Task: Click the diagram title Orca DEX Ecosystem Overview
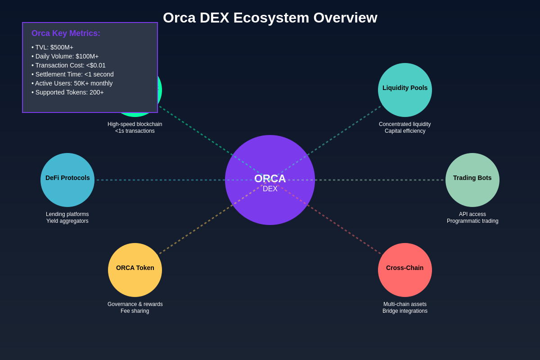270,18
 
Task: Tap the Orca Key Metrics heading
66,33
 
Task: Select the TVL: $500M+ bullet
52,47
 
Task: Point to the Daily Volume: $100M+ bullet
65,56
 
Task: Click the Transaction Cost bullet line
68,65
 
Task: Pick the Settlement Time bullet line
72,74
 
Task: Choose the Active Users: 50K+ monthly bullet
72,83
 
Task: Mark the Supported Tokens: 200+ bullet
67,92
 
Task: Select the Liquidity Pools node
405,90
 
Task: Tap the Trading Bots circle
472,180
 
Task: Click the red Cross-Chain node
405,270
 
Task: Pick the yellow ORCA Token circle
135,270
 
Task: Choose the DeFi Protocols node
67,180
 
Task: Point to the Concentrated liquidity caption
405,124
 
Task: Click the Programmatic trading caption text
472,221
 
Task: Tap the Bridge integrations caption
405,311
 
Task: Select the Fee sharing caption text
135,311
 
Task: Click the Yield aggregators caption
67,221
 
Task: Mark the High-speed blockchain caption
135,124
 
